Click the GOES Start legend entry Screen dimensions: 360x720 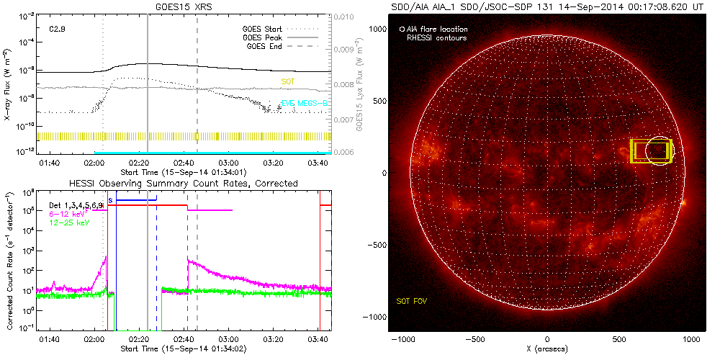coord(265,29)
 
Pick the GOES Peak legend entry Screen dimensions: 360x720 coord(265,37)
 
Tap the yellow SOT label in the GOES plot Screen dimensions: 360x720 coord(287,83)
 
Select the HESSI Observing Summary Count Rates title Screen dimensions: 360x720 coord(183,184)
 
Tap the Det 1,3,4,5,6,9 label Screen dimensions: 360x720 coord(78,206)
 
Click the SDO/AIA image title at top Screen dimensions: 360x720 coord(547,6)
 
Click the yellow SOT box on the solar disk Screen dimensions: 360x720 coord(651,150)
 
